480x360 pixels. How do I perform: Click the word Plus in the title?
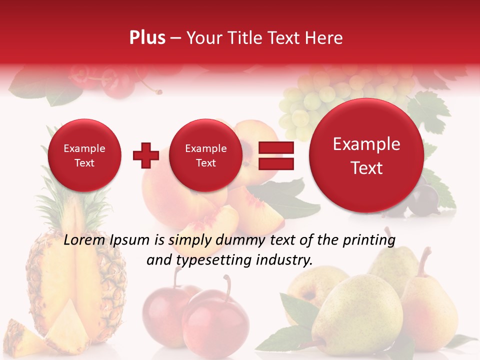[x=147, y=38]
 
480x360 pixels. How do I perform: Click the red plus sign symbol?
[x=145, y=155]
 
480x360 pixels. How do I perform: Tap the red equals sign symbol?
[x=275, y=155]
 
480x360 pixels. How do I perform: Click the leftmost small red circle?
[x=84, y=155]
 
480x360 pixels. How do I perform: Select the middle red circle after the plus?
[x=205, y=155]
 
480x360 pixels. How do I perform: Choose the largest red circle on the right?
[x=366, y=155]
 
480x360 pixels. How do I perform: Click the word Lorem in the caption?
[x=85, y=240]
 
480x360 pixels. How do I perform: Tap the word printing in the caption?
[x=368, y=240]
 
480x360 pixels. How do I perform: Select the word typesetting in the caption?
[x=215, y=260]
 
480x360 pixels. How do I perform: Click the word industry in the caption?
[x=283, y=260]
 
